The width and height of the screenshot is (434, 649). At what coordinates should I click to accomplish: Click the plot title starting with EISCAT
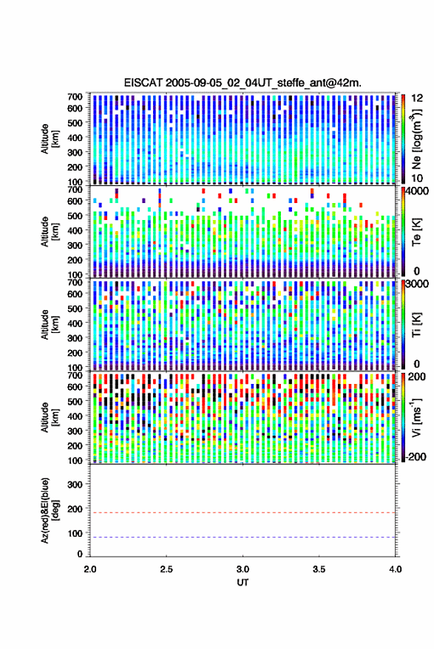[x=243, y=83]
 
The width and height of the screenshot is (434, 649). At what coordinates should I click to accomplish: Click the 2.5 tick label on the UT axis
[x=166, y=569]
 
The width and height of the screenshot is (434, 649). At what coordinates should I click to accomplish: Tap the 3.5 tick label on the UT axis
[x=319, y=569]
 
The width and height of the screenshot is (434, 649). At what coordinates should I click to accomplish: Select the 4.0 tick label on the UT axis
[x=395, y=569]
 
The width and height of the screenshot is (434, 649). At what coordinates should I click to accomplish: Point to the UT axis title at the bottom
[x=243, y=583]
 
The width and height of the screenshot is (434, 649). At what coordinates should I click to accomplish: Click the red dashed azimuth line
[x=243, y=513]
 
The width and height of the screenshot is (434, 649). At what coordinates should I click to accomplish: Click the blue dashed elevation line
[x=243, y=538]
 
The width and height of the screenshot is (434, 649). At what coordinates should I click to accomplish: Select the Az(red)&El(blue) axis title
[x=50, y=510]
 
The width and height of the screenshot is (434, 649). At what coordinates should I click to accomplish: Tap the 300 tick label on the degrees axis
[x=75, y=484]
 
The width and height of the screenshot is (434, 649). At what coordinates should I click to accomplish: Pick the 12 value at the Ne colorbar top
[x=418, y=98]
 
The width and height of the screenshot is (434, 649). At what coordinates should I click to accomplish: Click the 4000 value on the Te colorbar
[x=418, y=191]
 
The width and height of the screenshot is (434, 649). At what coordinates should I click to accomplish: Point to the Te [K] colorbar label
[x=416, y=232]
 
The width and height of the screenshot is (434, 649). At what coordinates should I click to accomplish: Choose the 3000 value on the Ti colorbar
[x=418, y=284]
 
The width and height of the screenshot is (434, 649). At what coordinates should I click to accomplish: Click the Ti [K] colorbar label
[x=416, y=325]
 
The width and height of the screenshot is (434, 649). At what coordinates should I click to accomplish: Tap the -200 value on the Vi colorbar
[x=416, y=457]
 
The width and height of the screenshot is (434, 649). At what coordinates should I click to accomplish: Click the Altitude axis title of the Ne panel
[x=50, y=139]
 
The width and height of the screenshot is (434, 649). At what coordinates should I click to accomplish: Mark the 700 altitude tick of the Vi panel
[x=75, y=375]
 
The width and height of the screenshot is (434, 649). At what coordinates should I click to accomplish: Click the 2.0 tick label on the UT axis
[x=90, y=569]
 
